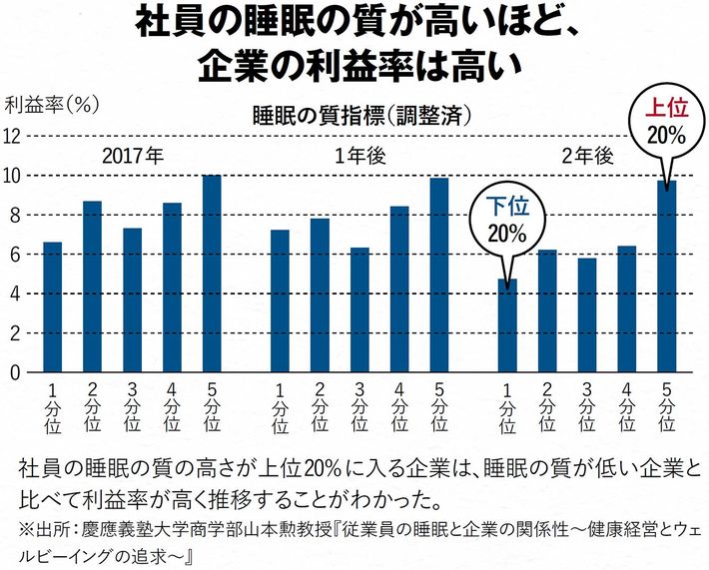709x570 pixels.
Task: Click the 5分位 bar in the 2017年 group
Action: pyautogui.click(x=212, y=274)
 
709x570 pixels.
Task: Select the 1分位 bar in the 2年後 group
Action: pyautogui.click(x=507, y=325)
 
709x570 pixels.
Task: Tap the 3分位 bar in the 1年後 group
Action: pyautogui.click(x=359, y=309)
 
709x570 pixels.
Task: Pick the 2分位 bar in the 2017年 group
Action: pyautogui.click(x=92, y=286)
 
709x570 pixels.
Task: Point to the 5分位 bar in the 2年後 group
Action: pyautogui.click(x=667, y=277)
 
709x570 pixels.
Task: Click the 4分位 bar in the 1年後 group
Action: pyautogui.click(x=399, y=289)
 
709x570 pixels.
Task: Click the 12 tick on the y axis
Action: pyautogui.click(x=15, y=136)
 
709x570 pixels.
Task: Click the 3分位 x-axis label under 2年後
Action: pyautogui.click(x=587, y=407)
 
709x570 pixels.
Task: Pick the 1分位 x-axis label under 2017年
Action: pyautogui.click(x=52, y=407)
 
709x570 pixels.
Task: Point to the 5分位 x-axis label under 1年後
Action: pyautogui.click(x=439, y=407)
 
